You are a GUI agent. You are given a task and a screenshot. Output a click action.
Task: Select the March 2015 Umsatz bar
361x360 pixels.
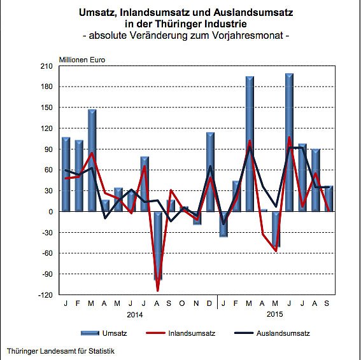coord(250,144)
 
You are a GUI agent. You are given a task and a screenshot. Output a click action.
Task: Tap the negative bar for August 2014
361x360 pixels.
coord(158,246)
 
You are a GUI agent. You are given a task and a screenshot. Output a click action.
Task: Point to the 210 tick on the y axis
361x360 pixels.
coord(47,66)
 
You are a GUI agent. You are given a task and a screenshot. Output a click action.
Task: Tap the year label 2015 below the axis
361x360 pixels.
coord(275,314)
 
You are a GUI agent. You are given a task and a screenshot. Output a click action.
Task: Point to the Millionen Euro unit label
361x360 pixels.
coord(82,60)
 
